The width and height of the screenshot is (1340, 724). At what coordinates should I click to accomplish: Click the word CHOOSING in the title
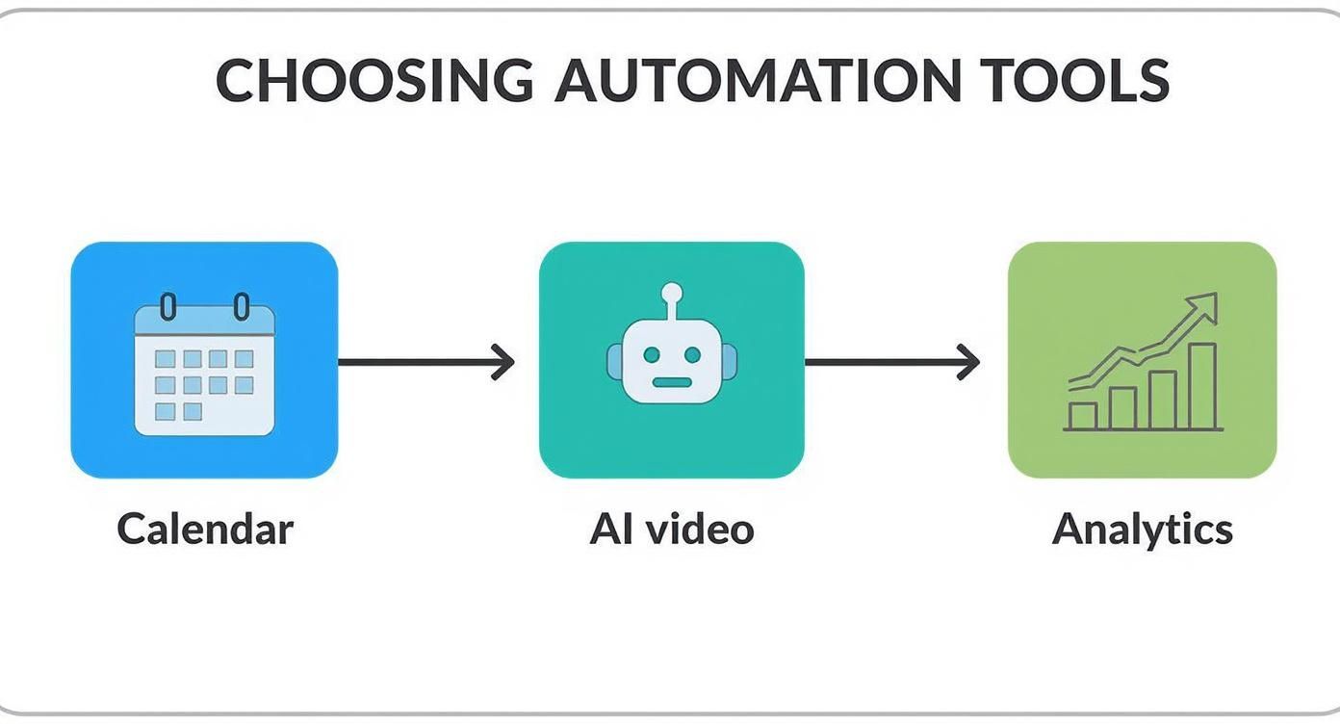point(374,80)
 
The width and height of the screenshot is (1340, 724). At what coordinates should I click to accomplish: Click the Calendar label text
point(205,530)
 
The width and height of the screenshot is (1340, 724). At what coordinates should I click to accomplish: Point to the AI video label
point(671,530)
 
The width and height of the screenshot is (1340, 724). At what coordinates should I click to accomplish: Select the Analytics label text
point(1142,530)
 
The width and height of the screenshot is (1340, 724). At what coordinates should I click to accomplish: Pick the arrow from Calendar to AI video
point(425,362)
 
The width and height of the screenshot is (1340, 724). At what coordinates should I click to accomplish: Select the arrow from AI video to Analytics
point(891,362)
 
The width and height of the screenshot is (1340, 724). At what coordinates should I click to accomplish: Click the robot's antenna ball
point(671,292)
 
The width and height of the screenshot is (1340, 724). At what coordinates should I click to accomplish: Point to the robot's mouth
point(671,381)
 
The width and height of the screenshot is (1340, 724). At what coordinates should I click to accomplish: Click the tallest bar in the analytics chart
point(1203,385)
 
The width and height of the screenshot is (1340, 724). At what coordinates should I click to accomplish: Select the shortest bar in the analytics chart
point(1083,416)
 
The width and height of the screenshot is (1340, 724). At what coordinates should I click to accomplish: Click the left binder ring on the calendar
point(167,308)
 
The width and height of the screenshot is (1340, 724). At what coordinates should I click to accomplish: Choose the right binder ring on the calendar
point(241,308)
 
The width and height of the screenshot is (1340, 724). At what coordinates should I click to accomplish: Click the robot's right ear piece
point(730,361)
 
